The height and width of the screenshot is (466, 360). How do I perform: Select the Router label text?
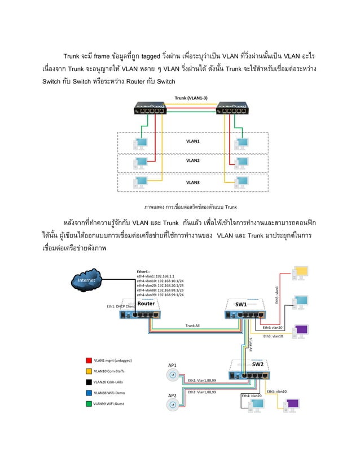click(x=146, y=304)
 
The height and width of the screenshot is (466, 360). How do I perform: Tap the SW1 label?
click(x=241, y=304)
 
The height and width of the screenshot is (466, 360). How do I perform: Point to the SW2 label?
click(x=258, y=364)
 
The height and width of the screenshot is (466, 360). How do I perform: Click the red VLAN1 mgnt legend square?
click(x=89, y=359)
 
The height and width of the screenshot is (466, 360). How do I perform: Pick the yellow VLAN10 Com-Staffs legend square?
click(x=89, y=371)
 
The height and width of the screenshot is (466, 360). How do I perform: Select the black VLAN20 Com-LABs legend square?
click(x=89, y=382)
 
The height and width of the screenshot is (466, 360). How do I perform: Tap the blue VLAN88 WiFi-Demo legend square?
click(x=89, y=393)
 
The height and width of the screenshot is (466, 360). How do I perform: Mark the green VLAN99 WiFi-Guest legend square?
click(x=89, y=404)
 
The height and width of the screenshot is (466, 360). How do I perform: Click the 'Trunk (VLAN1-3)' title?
click(x=191, y=98)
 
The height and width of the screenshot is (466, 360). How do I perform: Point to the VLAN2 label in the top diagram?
click(x=193, y=160)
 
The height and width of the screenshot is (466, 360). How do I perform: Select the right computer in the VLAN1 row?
click(x=242, y=144)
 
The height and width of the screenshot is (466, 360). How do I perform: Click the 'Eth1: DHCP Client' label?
click(x=121, y=306)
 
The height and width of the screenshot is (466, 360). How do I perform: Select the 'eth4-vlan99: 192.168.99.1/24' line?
click(x=160, y=295)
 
